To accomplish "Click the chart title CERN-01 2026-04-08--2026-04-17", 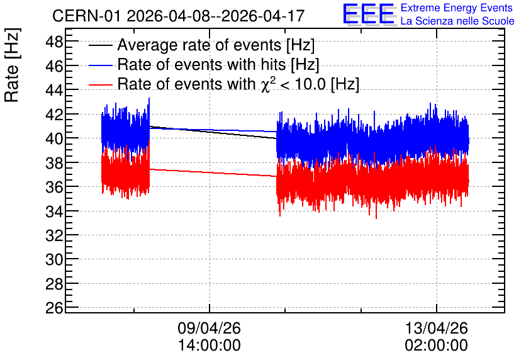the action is tap(178, 16).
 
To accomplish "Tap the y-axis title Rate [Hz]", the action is tap(12, 65).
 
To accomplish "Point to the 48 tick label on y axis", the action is tap(54, 42).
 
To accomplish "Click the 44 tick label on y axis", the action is tap(54, 90).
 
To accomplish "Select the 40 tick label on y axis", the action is tap(54, 138).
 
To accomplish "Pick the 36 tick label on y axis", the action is tap(54, 186).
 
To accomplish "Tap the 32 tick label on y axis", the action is tap(54, 235).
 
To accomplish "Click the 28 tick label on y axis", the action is tap(54, 283).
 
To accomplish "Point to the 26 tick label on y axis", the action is tap(54, 307).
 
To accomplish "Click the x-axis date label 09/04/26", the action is tap(210, 328).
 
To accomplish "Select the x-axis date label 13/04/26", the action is tap(437, 328).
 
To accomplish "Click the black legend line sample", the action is tap(100, 45).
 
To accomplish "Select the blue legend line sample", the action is tap(100, 65).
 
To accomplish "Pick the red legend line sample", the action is tap(100, 84).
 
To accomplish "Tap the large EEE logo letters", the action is tap(369, 14).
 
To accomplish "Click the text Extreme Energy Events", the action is tap(457, 8).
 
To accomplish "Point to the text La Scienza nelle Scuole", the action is tap(457, 21).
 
